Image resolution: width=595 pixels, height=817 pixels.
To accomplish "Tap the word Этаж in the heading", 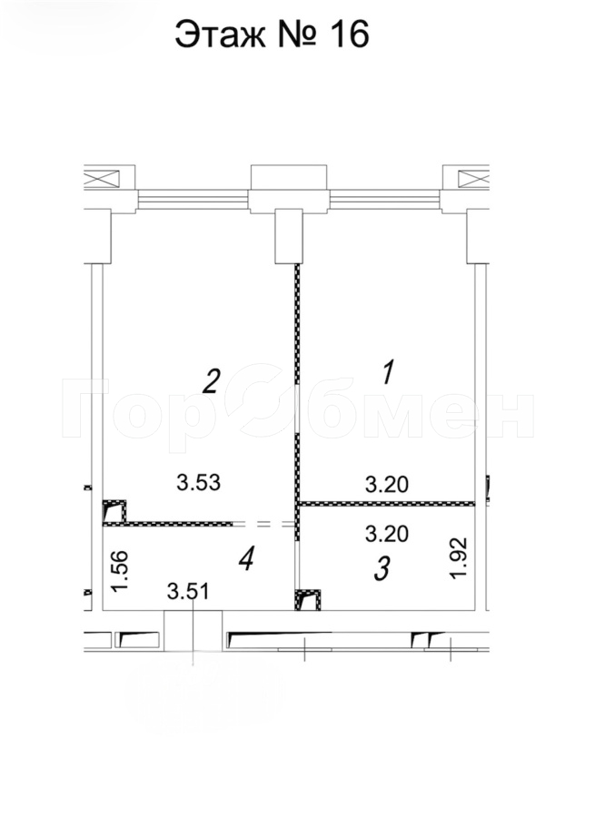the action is coord(220,35).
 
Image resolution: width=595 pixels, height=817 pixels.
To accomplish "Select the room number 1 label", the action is coord(389,372).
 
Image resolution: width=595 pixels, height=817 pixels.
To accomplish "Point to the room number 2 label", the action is coord(211,381).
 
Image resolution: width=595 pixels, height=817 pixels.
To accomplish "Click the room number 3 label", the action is coord(382,568).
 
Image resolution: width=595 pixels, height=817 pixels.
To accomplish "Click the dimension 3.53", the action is coord(199,483).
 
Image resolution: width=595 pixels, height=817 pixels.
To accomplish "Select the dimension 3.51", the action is coord(188,591).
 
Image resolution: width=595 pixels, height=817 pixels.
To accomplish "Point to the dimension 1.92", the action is coord(459,558).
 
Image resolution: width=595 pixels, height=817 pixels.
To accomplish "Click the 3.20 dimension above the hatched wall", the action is coord(386,485).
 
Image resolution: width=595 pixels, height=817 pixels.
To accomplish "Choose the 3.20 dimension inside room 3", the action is coord(386,534).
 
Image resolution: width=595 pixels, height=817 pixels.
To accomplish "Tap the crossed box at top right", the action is coord(473,179).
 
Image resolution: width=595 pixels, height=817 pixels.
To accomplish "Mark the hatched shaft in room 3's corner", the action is coord(308,600).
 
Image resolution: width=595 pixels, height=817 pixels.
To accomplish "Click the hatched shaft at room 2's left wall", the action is coord(114,511).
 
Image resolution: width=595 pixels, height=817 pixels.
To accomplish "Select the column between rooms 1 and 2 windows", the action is coord(289,236).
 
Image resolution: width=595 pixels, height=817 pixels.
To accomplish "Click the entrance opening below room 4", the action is coord(193,631).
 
